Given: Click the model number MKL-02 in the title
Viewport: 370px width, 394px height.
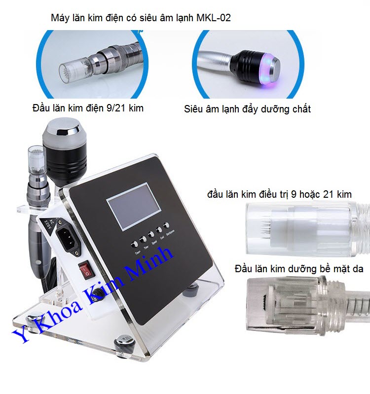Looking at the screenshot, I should [213, 18].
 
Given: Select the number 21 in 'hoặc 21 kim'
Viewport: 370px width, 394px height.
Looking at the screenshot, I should [328, 194].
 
